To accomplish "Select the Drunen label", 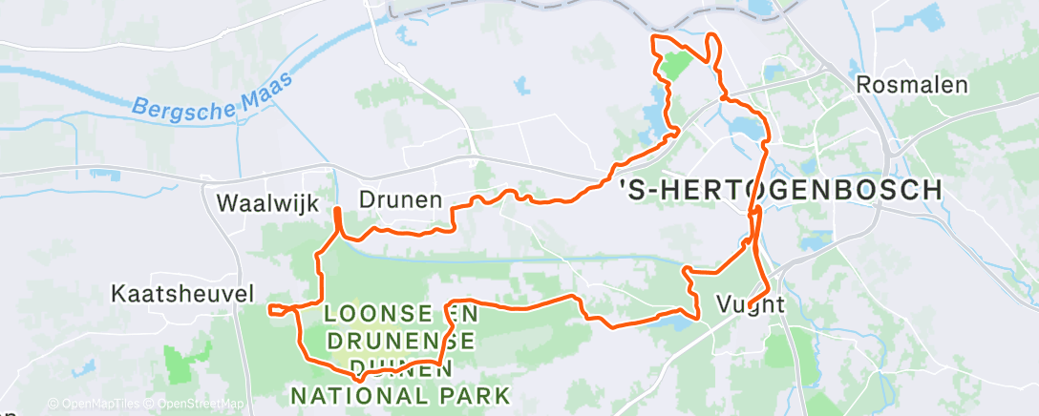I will [400, 200].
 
